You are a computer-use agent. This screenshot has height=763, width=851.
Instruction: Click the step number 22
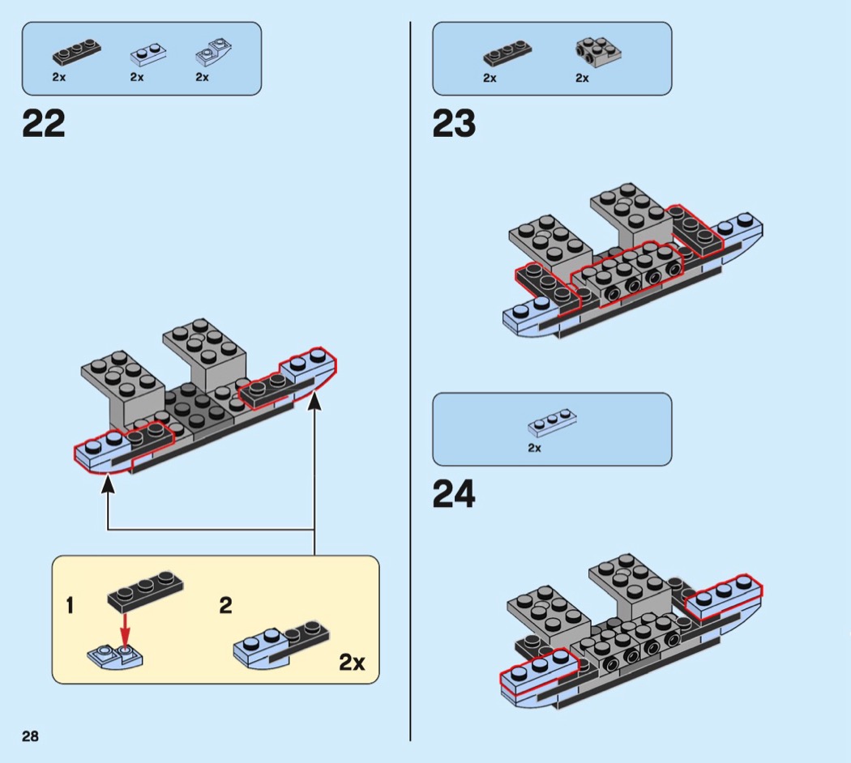click(x=44, y=124)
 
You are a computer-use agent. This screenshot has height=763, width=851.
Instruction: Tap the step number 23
click(x=454, y=124)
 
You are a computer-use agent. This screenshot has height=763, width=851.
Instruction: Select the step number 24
click(x=454, y=494)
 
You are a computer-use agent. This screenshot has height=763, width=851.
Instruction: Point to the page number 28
click(x=30, y=735)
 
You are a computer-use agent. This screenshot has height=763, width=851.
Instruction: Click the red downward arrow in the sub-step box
click(x=125, y=628)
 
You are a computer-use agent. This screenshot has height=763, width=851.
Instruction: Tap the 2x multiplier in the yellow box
click(x=352, y=662)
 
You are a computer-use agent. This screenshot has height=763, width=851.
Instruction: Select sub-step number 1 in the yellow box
click(x=71, y=605)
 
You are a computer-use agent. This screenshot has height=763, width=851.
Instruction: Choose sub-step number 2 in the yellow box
click(x=226, y=605)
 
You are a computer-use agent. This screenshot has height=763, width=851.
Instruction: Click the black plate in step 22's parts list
click(x=77, y=53)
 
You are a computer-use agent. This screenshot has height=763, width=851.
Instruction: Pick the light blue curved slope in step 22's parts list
click(x=213, y=52)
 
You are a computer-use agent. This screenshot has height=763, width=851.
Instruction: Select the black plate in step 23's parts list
click(x=507, y=53)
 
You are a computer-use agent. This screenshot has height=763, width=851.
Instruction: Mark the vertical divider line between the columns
click(x=410, y=381)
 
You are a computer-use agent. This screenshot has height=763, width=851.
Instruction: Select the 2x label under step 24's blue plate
click(x=534, y=447)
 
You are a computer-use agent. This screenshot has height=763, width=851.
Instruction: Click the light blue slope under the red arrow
click(x=117, y=656)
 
